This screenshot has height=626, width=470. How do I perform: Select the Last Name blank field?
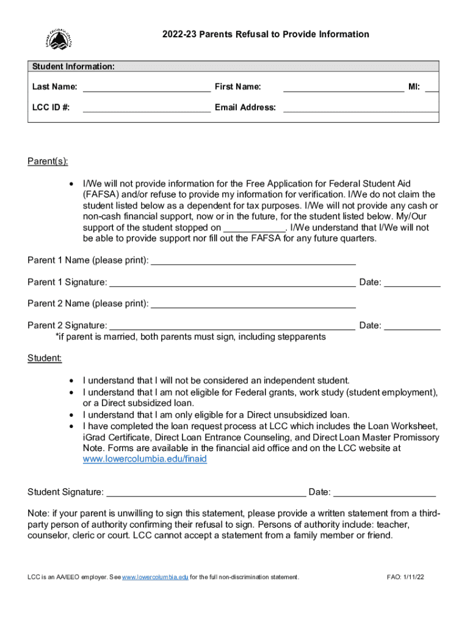146,87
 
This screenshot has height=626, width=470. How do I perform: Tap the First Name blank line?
344,87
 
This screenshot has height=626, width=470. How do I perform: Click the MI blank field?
432,87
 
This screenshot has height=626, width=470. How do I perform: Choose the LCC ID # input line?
146,108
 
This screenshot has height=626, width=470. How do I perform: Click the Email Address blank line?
360,108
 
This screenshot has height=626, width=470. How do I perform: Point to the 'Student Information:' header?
73,67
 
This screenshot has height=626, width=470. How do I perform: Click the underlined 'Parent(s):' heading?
48,161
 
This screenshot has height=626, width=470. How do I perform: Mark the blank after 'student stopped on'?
255,228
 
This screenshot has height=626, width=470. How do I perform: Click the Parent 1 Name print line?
253,261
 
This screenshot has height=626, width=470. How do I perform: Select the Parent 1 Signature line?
232,282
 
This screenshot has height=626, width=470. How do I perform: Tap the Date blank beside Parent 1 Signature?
412,282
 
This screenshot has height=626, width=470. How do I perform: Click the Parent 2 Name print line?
253,304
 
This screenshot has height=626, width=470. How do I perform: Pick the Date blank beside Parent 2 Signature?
412,326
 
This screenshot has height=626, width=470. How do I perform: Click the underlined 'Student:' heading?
45,358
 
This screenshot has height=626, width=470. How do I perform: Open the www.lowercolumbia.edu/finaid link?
145,458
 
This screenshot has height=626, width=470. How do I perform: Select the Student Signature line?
206,492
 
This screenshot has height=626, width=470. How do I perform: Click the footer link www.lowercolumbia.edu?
155,577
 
